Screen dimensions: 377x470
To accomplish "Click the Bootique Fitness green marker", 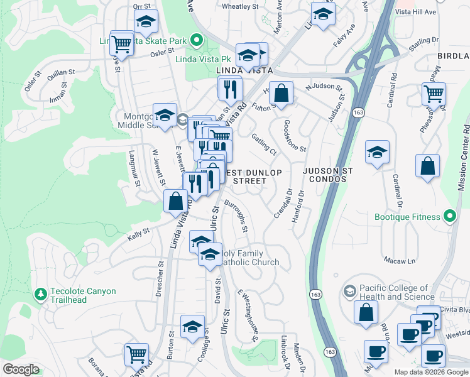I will (449, 217).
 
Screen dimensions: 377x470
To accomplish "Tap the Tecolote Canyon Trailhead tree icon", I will (41, 294).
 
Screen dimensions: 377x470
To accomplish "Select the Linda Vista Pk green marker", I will (196, 41).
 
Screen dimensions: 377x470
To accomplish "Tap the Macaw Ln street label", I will (403, 261).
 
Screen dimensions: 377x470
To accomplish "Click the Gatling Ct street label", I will (264, 145).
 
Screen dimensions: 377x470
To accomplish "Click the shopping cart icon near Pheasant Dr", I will (434, 94).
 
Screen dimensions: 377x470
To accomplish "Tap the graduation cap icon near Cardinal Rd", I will (377, 153).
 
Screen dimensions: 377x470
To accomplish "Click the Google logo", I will (21, 369).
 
